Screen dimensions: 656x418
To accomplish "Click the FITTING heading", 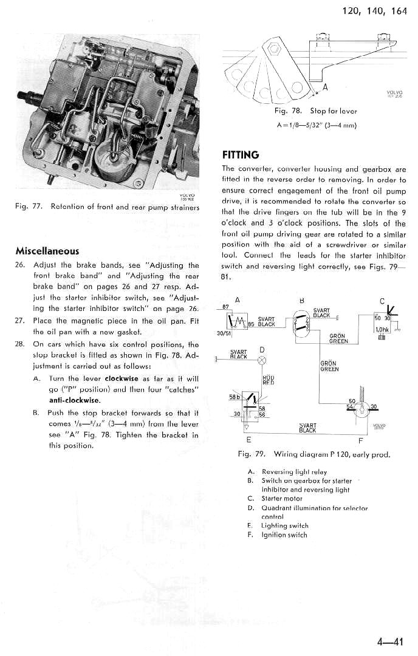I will point(241,154).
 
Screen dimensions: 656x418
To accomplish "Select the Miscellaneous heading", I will point(47,250).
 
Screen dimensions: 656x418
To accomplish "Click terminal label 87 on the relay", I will point(226,306).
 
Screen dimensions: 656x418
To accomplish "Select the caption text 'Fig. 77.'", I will point(28,207).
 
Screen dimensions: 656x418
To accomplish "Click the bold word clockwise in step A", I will point(122,378).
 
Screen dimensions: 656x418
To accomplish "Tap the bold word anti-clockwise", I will point(75,400).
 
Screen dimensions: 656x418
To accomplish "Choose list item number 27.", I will point(21,321).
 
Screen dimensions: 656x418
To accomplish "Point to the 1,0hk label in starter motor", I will point(382,329).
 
